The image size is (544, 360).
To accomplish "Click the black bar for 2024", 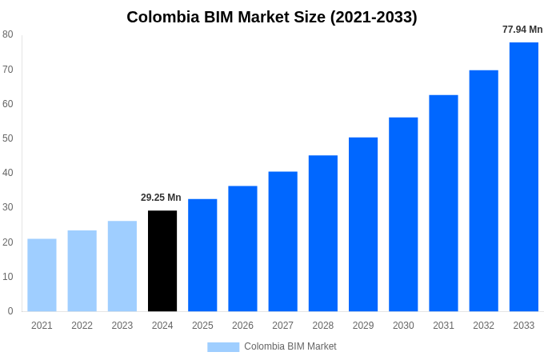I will tap(162, 261).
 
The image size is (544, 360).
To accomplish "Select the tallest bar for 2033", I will tap(523, 177).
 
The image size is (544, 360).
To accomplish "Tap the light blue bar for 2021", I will tap(42, 275).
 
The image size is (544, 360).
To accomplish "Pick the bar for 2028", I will tap(322, 233).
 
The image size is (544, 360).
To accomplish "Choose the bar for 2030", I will tap(403, 214).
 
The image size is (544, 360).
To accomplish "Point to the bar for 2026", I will tap(242, 249).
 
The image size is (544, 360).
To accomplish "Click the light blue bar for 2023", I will tap(122, 266).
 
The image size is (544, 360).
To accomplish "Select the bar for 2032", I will tap(483, 190).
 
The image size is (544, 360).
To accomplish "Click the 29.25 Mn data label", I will tap(161, 198).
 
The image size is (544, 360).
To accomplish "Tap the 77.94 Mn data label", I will tap(522, 30).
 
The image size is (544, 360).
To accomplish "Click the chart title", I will tap(272, 17).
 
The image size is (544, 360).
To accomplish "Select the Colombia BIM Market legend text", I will tap(290, 346).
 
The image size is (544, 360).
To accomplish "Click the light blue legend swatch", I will tap(223, 346).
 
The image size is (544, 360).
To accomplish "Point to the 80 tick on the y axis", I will tap(8, 34).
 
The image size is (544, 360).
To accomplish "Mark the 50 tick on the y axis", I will tap(8, 138).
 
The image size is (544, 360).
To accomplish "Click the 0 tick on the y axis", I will tap(10, 311).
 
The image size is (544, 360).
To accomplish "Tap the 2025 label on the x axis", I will tap(202, 326).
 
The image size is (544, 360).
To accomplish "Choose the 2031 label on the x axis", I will tap(443, 326).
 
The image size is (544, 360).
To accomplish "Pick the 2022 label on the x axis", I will tap(82, 326).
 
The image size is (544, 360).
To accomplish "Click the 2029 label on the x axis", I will tap(362, 326).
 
